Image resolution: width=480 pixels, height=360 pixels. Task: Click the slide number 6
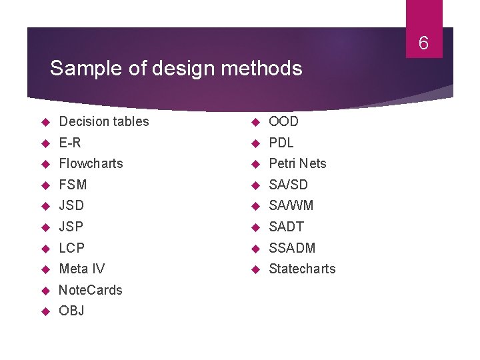[x=423, y=44]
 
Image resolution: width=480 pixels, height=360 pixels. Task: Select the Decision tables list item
[x=104, y=121]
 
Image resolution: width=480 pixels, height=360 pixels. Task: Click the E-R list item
[x=70, y=143]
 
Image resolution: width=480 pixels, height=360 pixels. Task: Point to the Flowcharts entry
[x=91, y=163]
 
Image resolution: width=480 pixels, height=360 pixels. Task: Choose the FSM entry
[x=73, y=185]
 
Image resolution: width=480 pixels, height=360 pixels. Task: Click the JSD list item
[x=71, y=205]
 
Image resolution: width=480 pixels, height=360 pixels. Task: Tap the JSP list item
[x=71, y=227]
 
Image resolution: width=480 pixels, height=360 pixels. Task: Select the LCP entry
[x=72, y=248]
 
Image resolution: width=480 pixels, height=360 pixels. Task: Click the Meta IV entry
[x=82, y=269]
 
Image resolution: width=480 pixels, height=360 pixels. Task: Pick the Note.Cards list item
[x=91, y=290]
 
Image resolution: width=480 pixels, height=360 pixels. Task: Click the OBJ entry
[x=71, y=311]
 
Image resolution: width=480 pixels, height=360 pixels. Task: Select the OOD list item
[x=283, y=121]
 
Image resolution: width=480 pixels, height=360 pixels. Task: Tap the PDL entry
[x=281, y=143]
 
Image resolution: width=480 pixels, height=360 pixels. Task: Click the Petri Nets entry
[x=297, y=163]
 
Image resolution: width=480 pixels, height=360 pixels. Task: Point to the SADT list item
[x=286, y=227]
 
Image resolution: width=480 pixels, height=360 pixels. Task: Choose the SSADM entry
[x=292, y=248]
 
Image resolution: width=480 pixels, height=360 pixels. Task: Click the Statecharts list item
[x=302, y=269]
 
